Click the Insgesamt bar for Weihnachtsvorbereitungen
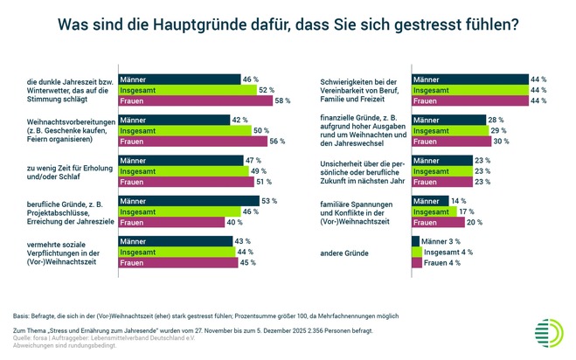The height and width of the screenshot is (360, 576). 183,130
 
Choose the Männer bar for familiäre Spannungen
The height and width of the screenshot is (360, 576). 429,200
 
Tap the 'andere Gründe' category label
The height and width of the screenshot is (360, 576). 346,253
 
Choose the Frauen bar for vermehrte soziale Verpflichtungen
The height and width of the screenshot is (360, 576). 177,263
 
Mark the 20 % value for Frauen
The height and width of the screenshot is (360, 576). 472,223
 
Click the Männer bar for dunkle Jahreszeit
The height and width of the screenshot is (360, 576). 179,79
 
